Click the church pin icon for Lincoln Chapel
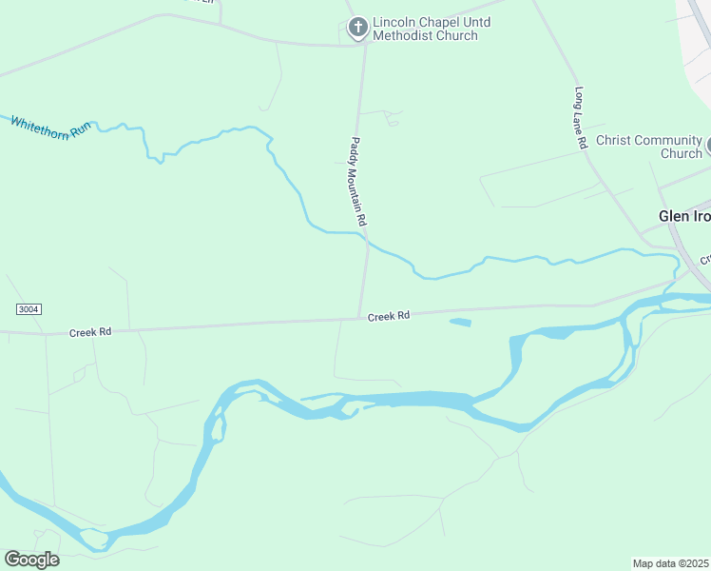point(358,28)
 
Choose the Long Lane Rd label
point(580,118)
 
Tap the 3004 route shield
point(29,310)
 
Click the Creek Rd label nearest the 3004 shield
point(90,332)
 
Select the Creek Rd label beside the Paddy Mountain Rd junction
point(388,315)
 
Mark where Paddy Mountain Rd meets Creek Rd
point(360,318)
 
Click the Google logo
point(31,560)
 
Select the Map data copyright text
point(670,563)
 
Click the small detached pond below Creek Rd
point(459,323)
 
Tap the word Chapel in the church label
point(443,22)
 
